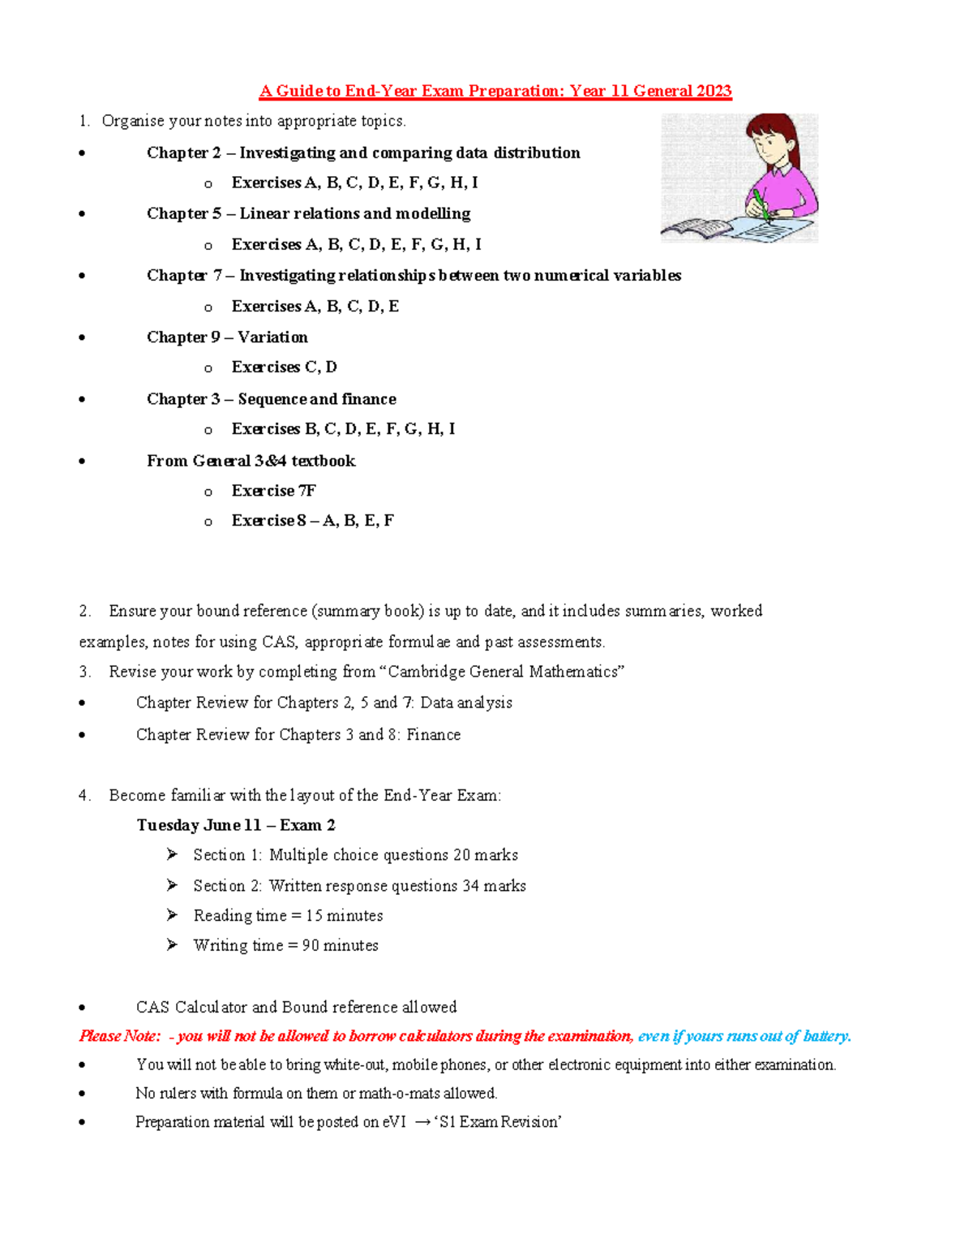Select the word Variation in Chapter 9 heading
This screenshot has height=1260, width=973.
click(x=272, y=337)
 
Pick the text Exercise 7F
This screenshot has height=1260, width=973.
click(x=273, y=490)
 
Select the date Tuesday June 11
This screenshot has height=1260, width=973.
click(x=199, y=824)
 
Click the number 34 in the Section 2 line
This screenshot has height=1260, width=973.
click(x=471, y=885)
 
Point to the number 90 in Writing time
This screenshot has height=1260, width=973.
click(x=311, y=945)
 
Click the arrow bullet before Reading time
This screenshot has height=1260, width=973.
click(x=172, y=914)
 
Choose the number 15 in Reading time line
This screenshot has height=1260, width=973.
click(x=314, y=915)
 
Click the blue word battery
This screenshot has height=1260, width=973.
click(x=825, y=1036)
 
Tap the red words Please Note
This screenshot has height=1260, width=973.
click(x=119, y=1036)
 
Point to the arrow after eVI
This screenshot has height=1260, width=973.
click(x=422, y=1122)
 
